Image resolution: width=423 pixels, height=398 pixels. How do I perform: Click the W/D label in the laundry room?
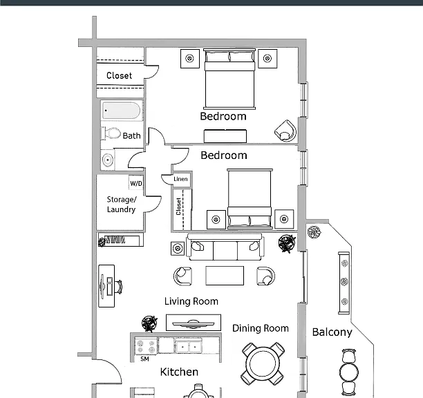pyautogui.click(x=136, y=184)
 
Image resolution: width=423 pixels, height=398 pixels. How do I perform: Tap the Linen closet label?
pyautogui.click(x=180, y=179)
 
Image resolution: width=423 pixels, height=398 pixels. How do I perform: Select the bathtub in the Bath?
pyautogui.click(x=122, y=111)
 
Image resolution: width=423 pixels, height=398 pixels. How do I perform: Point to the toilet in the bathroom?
pyautogui.click(x=111, y=133)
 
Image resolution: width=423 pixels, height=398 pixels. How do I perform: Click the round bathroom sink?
pyautogui.click(x=108, y=160)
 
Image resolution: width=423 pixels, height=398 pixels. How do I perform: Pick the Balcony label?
pyautogui.click(x=332, y=332)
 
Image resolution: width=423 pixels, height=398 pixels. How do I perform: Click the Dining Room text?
pyautogui.click(x=261, y=328)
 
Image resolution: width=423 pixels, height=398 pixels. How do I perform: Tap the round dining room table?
pyautogui.click(x=263, y=363)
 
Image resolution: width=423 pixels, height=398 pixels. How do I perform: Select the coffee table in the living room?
pyautogui.click(x=225, y=275)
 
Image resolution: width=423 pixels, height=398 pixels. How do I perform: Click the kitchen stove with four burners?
pyautogui.click(x=146, y=346)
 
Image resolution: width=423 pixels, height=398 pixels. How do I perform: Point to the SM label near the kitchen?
pyautogui.click(x=144, y=359)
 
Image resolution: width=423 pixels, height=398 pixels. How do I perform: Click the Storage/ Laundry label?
pyautogui.click(x=122, y=205)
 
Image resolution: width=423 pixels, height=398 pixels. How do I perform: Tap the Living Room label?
pyautogui.click(x=191, y=301)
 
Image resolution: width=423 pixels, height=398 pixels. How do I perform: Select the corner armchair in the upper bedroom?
pyautogui.click(x=285, y=131)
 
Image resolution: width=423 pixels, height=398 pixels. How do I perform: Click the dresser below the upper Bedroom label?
pyautogui.click(x=225, y=136)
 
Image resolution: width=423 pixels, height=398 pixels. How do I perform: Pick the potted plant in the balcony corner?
pyautogui.click(x=314, y=231)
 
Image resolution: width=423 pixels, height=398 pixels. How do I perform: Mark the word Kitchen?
pyautogui.click(x=179, y=372)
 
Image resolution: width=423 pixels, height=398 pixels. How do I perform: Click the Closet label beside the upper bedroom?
pyautogui.click(x=120, y=75)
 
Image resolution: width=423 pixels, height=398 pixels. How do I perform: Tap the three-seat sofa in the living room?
pyautogui.click(x=225, y=247)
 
